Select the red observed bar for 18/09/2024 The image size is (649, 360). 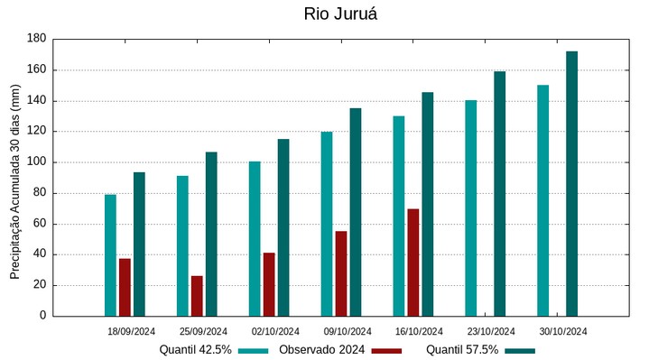click(125, 287)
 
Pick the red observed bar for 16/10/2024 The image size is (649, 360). click(413, 263)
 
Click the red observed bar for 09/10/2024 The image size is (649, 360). click(340, 273)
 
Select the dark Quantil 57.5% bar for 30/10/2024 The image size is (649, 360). click(571, 184)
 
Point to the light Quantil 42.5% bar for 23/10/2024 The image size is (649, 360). click(470, 208)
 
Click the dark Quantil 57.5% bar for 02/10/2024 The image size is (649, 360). click(283, 227)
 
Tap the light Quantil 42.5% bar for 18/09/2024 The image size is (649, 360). click(110, 255)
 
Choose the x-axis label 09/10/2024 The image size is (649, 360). click(348, 331)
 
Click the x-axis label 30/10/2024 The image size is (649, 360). click(563, 331)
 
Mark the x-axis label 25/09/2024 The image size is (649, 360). click(203, 331)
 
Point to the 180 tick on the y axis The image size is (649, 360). click(36, 39)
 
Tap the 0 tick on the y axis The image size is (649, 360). click(42, 316)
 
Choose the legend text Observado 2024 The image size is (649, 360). click(321, 350)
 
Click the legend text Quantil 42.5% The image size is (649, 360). click(195, 350)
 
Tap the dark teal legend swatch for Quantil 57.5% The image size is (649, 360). click(519, 350)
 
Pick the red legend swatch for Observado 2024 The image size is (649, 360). click(385, 350)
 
